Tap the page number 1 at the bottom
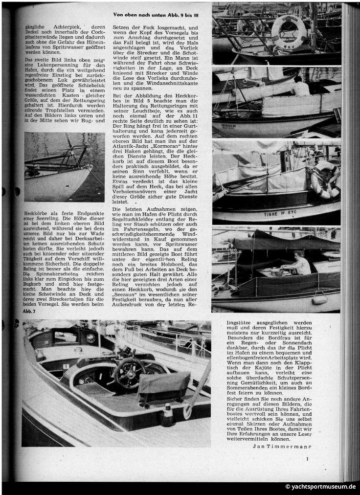(307, 458)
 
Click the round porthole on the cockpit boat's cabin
(91, 338)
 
